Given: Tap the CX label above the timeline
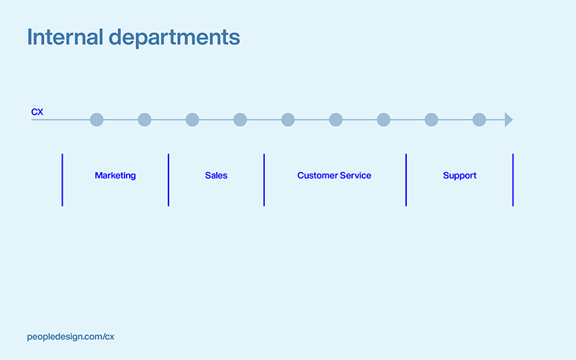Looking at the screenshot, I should (37, 112).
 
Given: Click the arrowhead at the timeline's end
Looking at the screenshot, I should (508, 120).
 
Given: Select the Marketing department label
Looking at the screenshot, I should (115, 176).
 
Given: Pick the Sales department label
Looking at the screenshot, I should (216, 176).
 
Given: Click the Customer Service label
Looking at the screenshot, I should (334, 176).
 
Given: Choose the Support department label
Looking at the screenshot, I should (459, 176).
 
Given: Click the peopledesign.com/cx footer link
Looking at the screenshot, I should (71, 336).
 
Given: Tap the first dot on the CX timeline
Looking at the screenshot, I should (96, 120).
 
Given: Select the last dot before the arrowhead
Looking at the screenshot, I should (479, 120).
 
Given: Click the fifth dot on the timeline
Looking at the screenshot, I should (288, 120).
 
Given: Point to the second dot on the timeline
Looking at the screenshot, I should (145, 120).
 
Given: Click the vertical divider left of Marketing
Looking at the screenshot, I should (62, 180).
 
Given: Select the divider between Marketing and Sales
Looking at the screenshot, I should (168, 180).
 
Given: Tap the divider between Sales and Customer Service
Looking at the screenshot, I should (264, 180).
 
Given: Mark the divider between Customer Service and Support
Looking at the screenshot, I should (406, 180).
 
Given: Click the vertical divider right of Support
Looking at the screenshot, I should (513, 180).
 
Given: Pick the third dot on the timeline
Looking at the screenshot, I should (192, 120).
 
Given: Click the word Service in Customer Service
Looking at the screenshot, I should (356, 176).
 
